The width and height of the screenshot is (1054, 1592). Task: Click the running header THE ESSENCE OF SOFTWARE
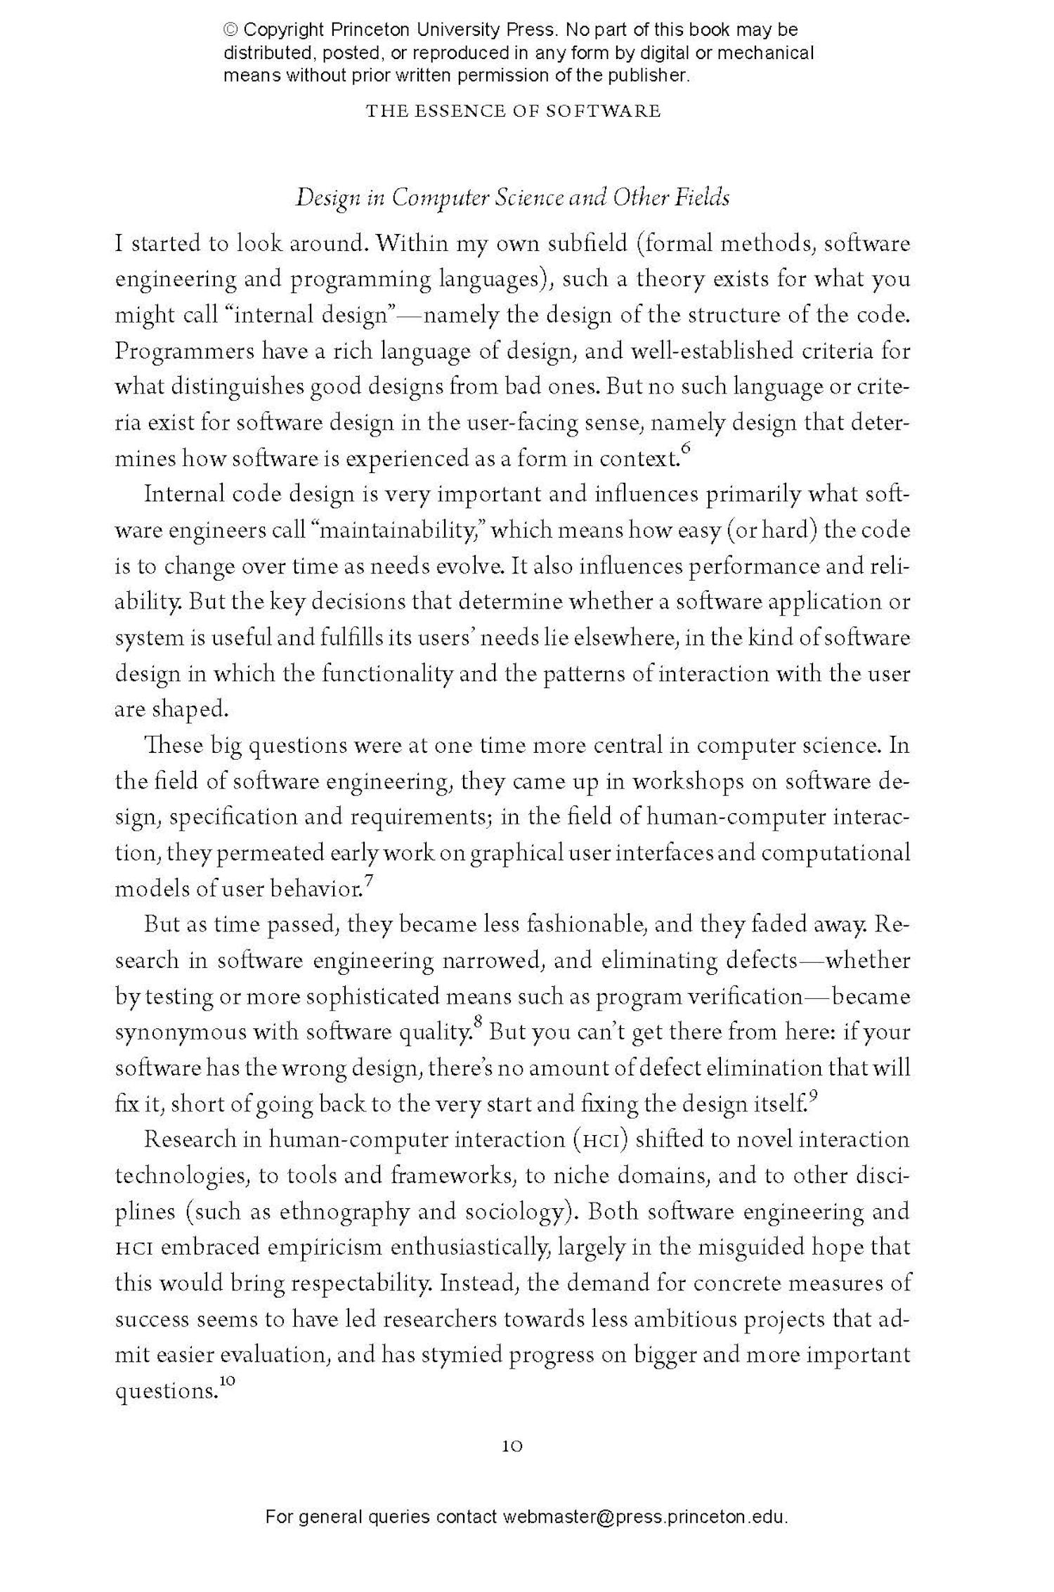click(x=513, y=111)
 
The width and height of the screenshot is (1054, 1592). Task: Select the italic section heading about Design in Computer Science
click(x=512, y=198)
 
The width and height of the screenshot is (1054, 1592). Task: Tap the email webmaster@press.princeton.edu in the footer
click(x=644, y=1536)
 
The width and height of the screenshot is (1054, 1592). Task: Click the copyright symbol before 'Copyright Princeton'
click(x=231, y=30)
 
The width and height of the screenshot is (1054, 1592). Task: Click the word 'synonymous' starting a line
click(x=180, y=1033)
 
